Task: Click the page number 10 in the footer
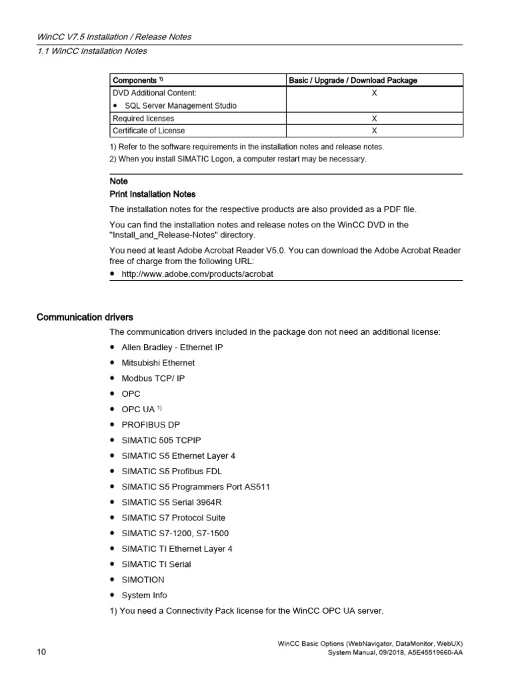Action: click(41, 652)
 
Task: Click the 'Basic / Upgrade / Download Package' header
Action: click(353, 81)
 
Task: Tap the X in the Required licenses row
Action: click(374, 118)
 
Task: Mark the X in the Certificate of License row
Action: click(374, 131)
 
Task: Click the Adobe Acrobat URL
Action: click(197, 274)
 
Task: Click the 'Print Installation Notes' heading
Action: click(152, 194)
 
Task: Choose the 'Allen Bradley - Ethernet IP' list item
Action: click(172, 348)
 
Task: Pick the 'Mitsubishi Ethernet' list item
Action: click(158, 363)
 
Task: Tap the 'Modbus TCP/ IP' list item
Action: click(153, 378)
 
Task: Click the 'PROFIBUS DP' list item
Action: click(150, 425)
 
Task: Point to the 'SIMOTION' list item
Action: click(142, 580)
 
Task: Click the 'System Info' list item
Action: click(144, 595)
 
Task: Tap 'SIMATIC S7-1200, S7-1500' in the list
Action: click(175, 533)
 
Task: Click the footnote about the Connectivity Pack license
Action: click(247, 610)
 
